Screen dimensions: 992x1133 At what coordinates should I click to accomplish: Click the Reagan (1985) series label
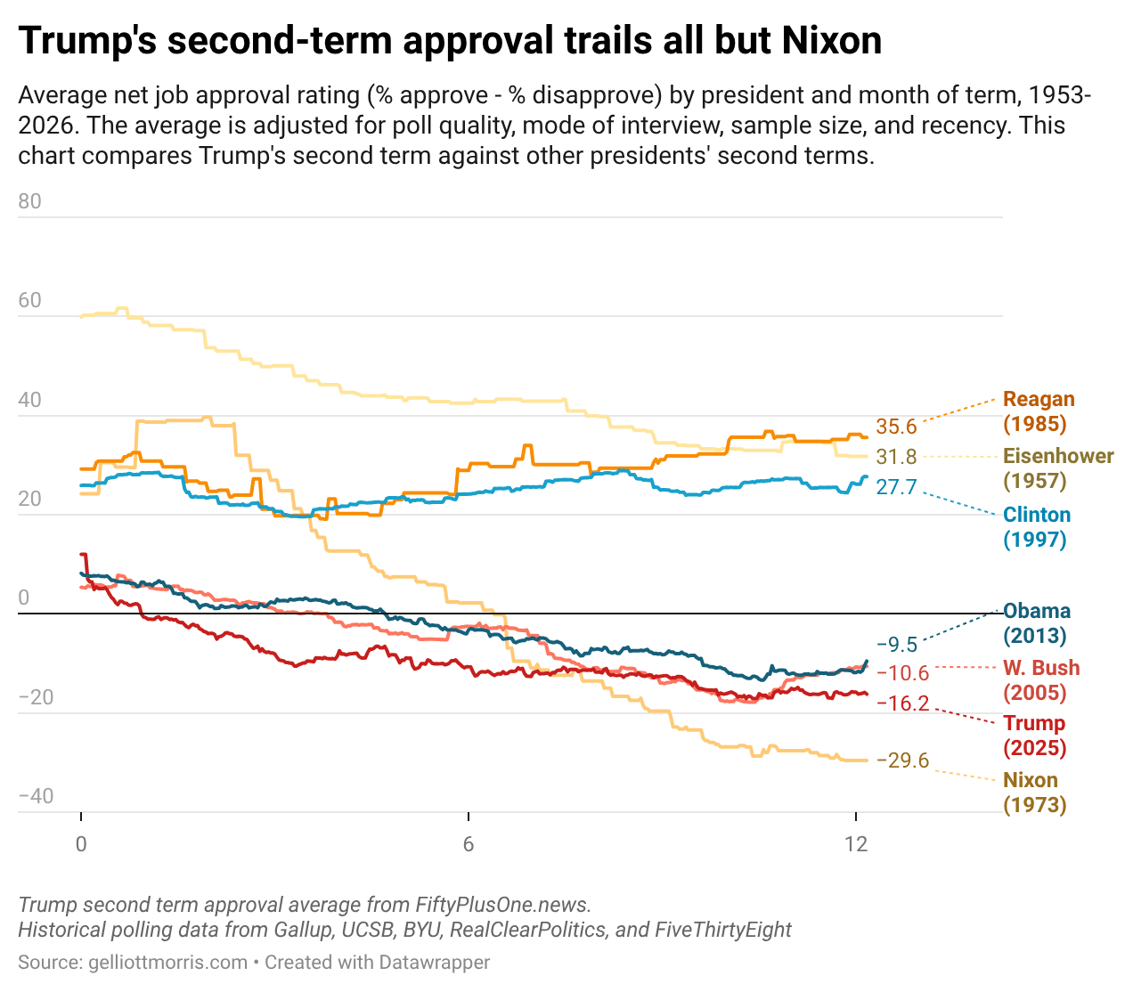pos(1039,411)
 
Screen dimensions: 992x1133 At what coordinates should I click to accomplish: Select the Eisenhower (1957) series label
pos(1058,468)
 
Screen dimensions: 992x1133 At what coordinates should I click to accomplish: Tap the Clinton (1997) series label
pos(1037,526)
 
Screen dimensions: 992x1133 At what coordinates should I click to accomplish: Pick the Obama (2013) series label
pos(1037,623)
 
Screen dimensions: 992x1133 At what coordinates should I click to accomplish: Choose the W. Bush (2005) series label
pos(1041,680)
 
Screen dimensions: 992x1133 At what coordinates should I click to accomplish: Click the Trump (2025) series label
pos(1034,736)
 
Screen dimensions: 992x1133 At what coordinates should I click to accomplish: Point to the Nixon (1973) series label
pos(1034,793)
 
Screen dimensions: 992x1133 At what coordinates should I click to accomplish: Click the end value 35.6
pos(896,427)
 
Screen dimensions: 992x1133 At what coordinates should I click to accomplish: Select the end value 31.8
pos(896,458)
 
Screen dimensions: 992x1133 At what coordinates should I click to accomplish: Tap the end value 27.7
pos(896,487)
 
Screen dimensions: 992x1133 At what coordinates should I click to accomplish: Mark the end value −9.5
pos(896,645)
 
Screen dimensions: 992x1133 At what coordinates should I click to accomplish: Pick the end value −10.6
pos(902,674)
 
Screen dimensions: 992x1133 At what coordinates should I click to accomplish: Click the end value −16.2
pos(902,703)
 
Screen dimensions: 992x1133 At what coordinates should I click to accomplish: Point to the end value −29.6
pos(902,760)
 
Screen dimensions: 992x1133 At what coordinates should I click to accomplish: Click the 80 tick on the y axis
pos(29,201)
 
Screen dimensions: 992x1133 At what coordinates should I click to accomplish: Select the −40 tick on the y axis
pos(36,796)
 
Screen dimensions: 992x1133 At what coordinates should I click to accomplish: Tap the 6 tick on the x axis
pos(469,844)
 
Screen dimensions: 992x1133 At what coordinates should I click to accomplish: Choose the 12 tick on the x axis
pos(856,844)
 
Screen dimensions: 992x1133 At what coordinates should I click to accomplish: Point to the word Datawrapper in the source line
pos(434,963)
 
